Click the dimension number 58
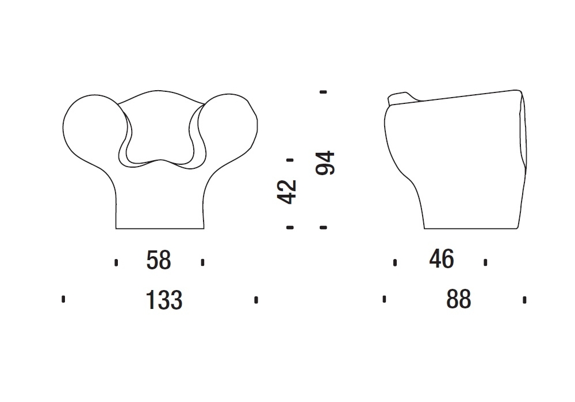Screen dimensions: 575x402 pos(159,260)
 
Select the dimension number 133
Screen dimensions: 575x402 pos(164,300)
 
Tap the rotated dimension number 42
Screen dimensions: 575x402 pos(286,192)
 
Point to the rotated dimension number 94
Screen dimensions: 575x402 pos(325,163)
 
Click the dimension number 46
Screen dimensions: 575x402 pos(442,259)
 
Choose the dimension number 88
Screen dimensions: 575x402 pos(458,299)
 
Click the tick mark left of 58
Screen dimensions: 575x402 pos(116,262)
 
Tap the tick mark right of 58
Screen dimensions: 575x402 pos(203,262)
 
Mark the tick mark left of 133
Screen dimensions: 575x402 pos(63,299)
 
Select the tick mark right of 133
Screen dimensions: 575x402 pos(256,300)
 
